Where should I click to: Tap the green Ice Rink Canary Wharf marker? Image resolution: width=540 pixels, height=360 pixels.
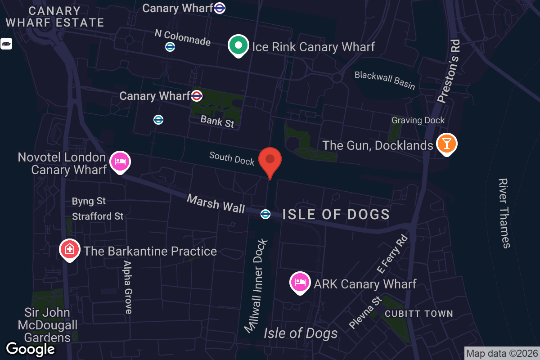click(238, 45)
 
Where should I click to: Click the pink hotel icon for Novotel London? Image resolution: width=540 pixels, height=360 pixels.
click(120, 162)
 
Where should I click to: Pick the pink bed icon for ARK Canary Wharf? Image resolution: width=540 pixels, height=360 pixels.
click(300, 282)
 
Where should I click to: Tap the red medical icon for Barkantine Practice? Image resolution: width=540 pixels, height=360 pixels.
click(70, 250)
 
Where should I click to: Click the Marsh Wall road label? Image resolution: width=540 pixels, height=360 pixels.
click(216, 203)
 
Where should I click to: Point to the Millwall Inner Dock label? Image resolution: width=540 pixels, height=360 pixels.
click(256, 286)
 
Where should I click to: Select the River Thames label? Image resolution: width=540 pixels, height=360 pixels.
click(504, 213)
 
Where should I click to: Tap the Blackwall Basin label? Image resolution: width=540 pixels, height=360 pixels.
click(385, 80)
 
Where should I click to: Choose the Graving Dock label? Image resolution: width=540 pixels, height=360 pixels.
click(418, 120)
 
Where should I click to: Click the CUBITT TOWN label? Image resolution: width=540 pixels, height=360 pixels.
click(418, 314)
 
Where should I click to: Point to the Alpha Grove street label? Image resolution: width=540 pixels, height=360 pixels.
click(128, 287)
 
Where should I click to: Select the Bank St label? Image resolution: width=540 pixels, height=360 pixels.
click(217, 121)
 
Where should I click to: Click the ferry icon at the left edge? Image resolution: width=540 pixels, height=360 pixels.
click(6, 44)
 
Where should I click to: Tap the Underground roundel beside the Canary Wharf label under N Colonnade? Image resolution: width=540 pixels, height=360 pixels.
click(196, 95)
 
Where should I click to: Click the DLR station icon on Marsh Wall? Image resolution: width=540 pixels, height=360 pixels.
click(265, 214)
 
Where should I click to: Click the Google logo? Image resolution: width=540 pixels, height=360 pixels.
click(30, 349)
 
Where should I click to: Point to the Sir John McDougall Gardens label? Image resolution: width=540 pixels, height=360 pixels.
click(47, 325)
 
